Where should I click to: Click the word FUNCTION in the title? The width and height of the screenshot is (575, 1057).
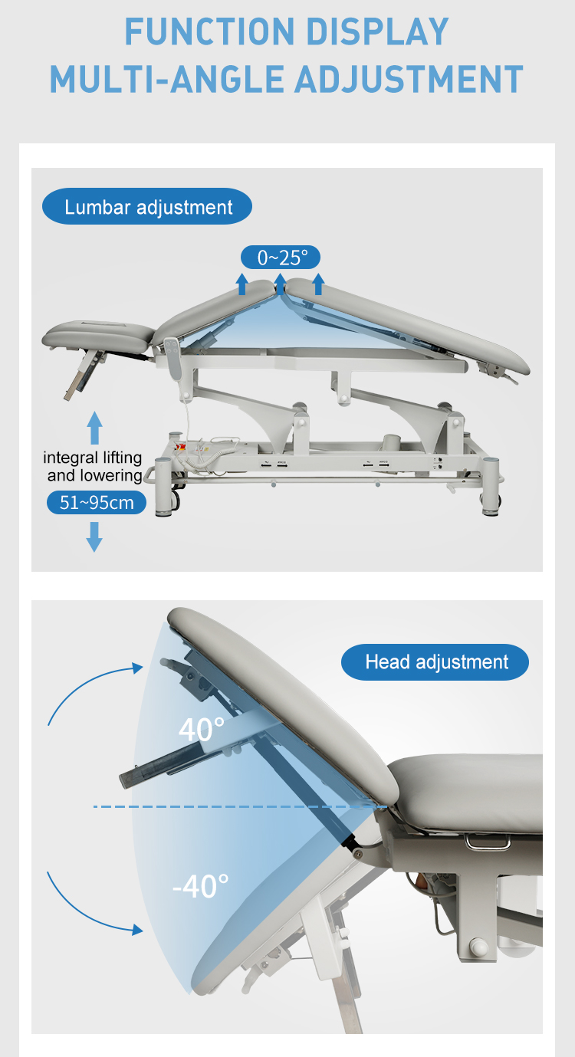click(x=209, y=31)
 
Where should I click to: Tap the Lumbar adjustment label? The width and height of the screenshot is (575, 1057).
click(x=147, y=207)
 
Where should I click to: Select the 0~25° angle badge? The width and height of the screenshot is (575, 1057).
click(x=281, y=258)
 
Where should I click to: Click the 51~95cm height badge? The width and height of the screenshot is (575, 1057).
click(x=97, y=503)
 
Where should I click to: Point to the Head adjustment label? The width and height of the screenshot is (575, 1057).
click(x=435, y=662)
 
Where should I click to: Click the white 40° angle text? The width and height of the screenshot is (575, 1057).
click(x=202, y=729)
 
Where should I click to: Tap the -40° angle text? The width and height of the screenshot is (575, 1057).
click(x=201, y=887)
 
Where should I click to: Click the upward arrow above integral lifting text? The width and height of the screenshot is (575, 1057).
click(x=95, y=428)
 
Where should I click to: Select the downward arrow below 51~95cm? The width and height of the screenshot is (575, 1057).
click(x=94, y=537)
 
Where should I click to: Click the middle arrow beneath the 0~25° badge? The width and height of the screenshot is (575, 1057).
click(x=281, y=284)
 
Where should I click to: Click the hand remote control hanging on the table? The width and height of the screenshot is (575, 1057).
click(x=172, y=358)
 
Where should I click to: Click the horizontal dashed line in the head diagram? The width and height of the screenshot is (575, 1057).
click(x=240, y=806)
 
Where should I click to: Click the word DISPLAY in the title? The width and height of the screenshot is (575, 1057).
click(x=377, y=31)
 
